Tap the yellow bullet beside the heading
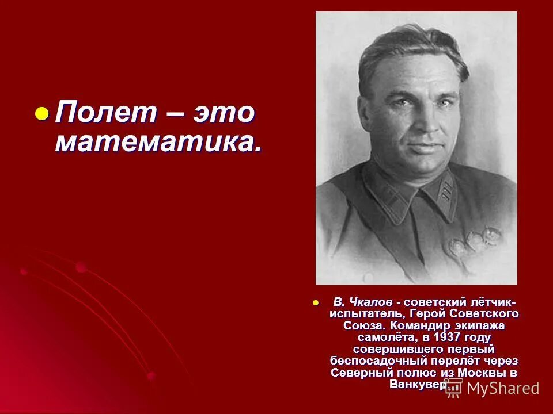coord(41,113)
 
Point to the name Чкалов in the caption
coord(371,302)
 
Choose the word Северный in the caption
coord(358,372)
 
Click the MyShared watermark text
coord(503,388)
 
